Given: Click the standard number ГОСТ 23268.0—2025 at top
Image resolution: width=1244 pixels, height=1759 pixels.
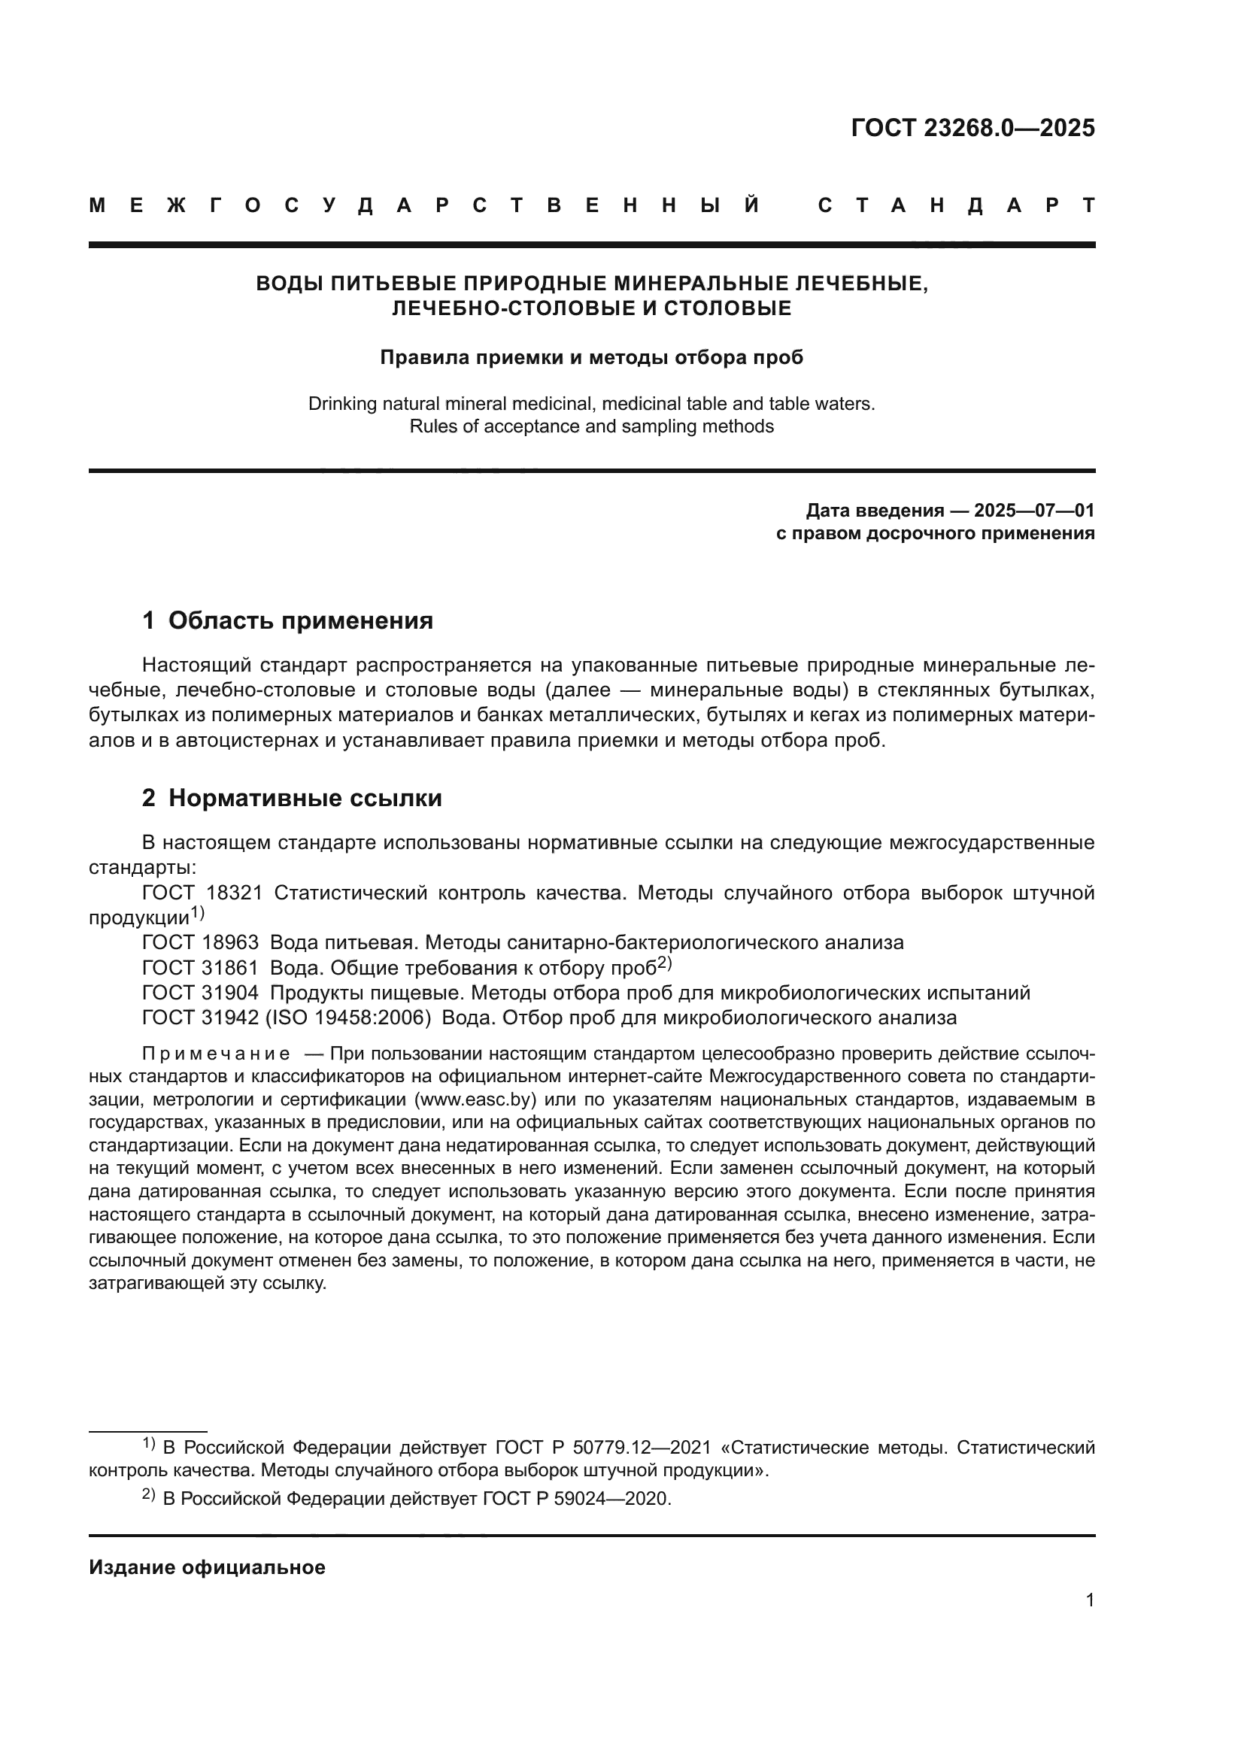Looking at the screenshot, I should [x=972, y=128].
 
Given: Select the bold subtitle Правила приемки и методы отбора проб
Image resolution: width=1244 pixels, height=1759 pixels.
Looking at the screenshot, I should [x=591, y=357].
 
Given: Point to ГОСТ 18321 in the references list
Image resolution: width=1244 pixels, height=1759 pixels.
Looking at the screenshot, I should [x=202, y=893].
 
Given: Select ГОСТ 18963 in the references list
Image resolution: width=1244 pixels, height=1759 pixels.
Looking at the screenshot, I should [x=201, y=942].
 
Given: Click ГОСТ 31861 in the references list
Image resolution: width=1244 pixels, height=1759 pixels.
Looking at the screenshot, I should [x=201, y=968].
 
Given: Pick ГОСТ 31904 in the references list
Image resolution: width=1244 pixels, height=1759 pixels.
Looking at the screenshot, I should [x=201, y=993].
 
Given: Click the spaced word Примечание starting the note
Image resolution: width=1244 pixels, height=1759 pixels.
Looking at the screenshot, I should [x=216, y=1054].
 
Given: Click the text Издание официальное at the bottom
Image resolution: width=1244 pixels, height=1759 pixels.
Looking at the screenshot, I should [x=207, y=1567].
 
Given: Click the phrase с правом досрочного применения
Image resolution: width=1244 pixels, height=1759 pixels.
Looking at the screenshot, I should [x=935, y=533].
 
